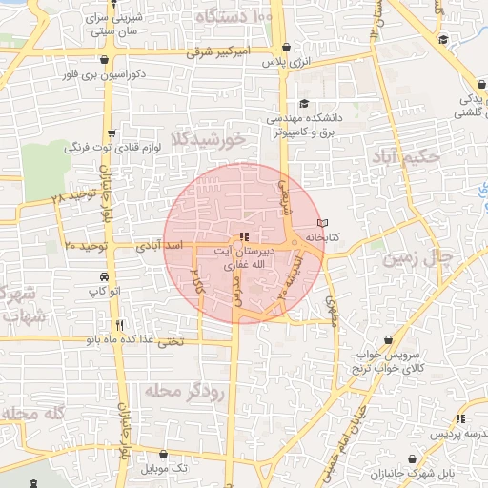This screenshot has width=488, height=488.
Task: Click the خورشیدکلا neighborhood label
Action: tap(208, 140)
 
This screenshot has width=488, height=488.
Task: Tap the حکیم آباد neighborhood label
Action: tap(405, 156)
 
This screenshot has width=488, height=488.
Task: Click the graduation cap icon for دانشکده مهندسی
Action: tap(304, 104)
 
